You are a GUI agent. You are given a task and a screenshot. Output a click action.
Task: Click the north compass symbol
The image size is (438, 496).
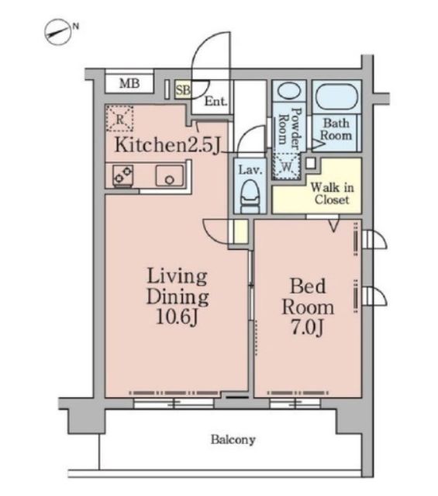(60, 32)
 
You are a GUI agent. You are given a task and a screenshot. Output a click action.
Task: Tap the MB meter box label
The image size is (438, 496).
(129, 84)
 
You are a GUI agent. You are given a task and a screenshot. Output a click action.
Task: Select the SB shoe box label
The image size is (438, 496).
(183, 90)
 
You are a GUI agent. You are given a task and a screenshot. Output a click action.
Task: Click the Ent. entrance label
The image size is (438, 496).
(216, 102)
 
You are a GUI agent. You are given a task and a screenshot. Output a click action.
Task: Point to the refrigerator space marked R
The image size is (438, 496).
(119, 119)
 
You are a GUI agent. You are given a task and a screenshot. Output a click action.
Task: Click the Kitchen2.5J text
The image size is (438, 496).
(167, 145)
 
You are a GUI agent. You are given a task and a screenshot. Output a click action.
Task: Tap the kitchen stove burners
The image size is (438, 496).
(123, 175)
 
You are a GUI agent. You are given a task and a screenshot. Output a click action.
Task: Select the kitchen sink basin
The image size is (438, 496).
(169, 175)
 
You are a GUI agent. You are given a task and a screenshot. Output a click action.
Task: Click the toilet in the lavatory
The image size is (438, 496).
(250, 196)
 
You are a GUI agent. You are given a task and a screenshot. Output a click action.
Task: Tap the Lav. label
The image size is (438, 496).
(250, 171)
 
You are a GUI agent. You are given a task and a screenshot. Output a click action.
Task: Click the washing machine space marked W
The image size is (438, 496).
(287, 166)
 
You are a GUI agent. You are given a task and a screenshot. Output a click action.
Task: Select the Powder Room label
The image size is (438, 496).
(290, 128)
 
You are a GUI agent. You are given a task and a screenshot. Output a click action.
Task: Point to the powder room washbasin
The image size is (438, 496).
(289, 91)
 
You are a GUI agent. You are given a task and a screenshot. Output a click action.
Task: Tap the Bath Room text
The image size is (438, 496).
(336, 129)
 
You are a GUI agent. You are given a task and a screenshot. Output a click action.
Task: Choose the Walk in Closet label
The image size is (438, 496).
(332, 193)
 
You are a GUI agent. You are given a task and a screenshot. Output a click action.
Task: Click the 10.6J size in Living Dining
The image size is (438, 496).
(177, 317)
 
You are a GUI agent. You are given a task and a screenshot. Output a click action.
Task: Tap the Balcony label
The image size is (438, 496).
(233, 439)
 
